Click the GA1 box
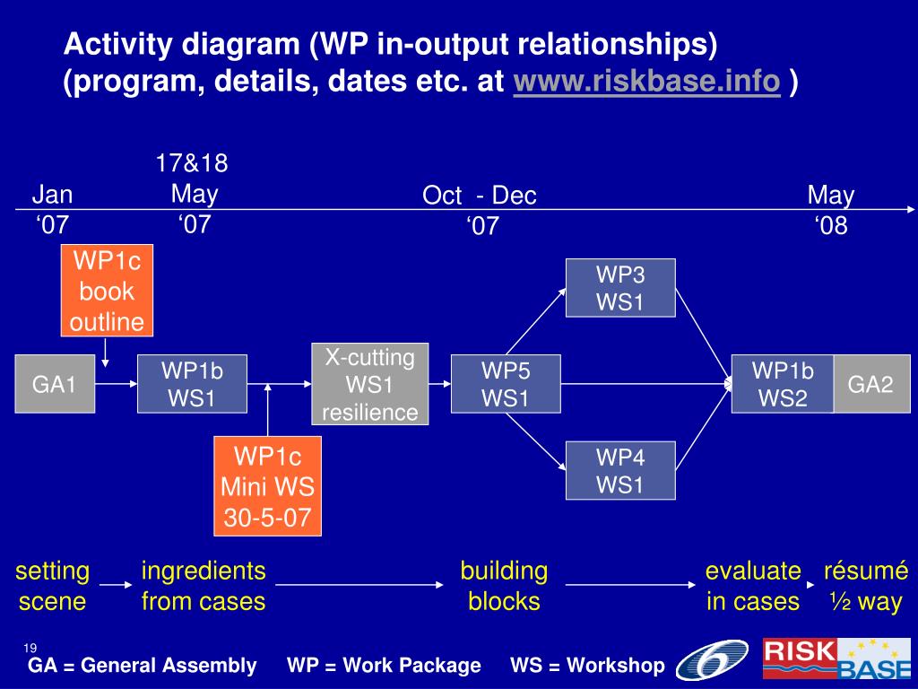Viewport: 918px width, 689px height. [55, 384]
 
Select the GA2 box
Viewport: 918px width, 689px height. [871, 384]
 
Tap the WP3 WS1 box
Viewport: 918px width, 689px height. [619, 288]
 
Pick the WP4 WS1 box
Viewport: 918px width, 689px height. [619, 472]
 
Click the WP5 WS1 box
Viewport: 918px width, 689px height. [506, 384]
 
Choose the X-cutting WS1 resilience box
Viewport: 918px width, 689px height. [370, 384]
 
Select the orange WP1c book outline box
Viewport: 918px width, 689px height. [108, 292]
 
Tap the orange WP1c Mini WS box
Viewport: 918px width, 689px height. [267, 486]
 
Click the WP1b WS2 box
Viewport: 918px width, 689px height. [783, 384]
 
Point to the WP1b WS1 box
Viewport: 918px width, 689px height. [192, 384]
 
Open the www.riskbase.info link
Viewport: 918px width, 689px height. [646, 83]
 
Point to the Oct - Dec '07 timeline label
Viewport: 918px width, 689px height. [481, 210]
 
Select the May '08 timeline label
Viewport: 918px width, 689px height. [831, 210]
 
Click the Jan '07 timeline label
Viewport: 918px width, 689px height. [53, 210]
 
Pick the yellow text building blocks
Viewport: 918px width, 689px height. [504, 586]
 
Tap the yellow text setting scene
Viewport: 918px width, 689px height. [52, 586]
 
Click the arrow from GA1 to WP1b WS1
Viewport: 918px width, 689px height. [115, 384]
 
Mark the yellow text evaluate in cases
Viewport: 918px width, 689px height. [752, 586]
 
